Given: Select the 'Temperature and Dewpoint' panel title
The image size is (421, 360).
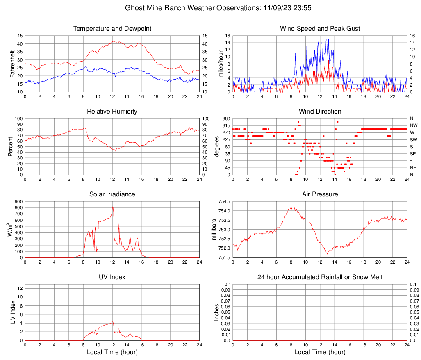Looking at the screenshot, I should [112, 29].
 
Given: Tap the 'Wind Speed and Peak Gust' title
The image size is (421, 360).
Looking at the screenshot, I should [320, 29].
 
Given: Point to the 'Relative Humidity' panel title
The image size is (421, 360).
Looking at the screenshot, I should [112, 112].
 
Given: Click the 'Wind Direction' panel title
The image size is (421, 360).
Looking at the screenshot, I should [320, 112].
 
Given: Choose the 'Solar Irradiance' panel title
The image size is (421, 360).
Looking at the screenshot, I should [112, 194].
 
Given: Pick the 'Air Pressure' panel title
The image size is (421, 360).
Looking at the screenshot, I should [320, 194].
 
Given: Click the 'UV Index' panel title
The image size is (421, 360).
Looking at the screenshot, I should [112, 277].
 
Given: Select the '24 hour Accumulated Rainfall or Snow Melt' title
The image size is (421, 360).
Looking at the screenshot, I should [320, 277].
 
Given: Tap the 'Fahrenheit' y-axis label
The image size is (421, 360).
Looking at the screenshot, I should [13, 64].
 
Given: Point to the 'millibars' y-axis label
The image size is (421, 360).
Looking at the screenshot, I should [214, 230].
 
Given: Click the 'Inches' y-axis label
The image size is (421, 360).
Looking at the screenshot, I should [217, 312].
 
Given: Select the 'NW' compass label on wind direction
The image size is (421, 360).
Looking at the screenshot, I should [414, 125].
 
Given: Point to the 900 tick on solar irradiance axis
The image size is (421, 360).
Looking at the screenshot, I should [18, 201].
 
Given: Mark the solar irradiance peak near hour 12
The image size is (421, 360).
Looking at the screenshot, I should [113, 206].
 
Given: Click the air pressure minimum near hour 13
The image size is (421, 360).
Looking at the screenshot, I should [327, 254].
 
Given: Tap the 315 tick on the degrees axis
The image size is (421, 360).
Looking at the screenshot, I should [225, 125].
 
